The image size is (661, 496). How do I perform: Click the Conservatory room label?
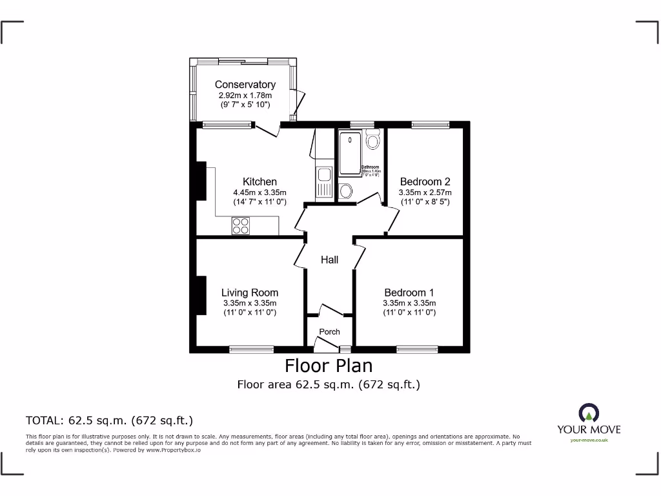(245, 85)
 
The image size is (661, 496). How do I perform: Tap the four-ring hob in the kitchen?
(241, 225)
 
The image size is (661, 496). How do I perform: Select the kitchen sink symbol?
(323, 174)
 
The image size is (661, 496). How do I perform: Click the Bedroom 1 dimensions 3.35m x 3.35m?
(409, 304)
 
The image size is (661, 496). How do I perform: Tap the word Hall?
(329, 260)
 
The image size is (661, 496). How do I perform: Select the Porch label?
(329, 332)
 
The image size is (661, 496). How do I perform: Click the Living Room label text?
(250, 293)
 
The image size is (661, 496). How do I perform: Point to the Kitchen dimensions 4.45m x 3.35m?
(259, 192)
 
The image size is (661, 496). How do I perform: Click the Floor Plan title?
(329, 366)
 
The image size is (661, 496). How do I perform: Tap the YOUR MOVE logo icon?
(588, 413)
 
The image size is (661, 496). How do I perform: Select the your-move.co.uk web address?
(589, 440)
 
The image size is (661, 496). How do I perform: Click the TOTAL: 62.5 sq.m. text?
(109, 420)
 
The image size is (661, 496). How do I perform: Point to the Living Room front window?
(251, 349)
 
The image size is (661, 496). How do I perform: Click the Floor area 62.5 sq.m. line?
(329, 385)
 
